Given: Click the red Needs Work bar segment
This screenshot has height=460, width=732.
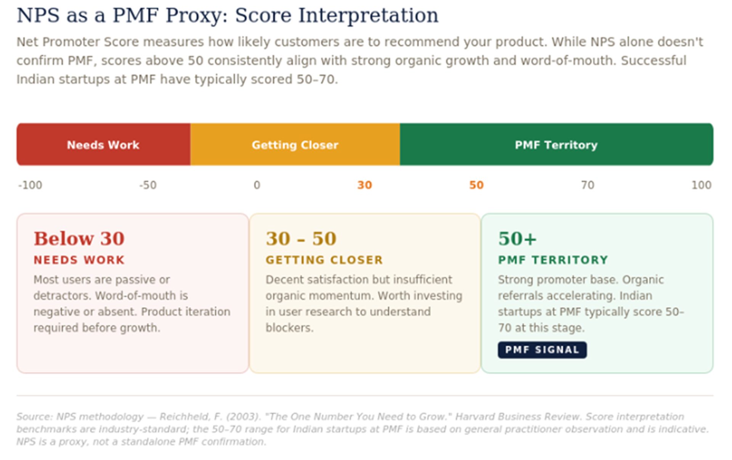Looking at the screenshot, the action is [103, 144].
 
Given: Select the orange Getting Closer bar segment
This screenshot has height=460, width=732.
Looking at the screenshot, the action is [295, 144].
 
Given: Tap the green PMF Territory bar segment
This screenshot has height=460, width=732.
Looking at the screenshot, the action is [557, 144].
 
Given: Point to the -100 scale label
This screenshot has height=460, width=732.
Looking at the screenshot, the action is [30, 185].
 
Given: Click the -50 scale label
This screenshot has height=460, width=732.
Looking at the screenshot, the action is [148, 185].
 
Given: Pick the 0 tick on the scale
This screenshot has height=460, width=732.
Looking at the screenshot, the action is [257, 185].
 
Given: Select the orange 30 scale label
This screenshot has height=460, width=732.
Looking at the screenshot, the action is [364, 185].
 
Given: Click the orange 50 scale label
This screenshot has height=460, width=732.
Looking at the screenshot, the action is [476, 185].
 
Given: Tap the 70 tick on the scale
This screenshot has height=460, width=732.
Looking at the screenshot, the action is [588, 185].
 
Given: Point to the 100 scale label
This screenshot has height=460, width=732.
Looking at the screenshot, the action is [701, 185].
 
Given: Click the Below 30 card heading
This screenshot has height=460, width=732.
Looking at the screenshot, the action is [79, 239].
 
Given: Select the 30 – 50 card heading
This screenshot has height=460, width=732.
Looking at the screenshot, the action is [301, 239].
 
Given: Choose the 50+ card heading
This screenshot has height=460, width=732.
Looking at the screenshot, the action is [517, 239].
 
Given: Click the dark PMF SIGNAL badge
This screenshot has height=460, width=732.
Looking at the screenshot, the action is [542, 350].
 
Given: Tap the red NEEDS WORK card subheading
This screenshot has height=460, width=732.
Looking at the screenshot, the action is [79, 260].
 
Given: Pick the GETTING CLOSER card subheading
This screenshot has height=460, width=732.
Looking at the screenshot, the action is [324, 260].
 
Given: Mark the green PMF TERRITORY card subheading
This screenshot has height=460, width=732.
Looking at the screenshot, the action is [553, 260].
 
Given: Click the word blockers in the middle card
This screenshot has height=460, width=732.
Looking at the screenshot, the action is [290, 328].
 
